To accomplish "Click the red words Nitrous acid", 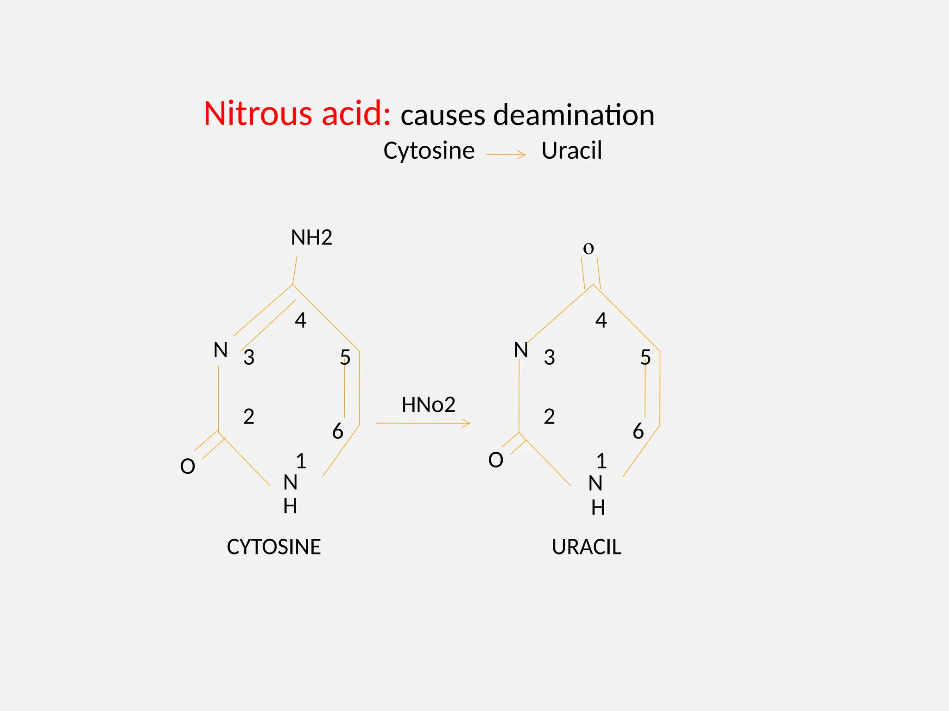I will coord(297,113).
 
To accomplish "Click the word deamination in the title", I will coord(574,115).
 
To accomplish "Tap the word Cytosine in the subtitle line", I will coord(429,151).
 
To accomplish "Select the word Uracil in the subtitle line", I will coord(571,151).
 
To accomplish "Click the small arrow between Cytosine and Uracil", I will coord(506,155).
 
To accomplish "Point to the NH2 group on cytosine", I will coord(311,237).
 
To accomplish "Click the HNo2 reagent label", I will coord(428,405).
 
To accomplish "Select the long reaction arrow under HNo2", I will coord(423,423).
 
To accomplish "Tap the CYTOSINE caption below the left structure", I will coord(273,547).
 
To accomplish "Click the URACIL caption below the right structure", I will coord(586,547).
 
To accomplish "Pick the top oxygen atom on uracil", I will coord(588,249).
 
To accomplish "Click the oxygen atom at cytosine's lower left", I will coord(188,466).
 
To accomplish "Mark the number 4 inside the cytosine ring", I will coord(301,320).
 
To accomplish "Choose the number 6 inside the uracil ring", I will coord(638,431).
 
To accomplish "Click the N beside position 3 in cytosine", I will coord(221,350).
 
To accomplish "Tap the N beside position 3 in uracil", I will coord(521,350).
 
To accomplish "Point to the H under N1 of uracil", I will coord(598,508).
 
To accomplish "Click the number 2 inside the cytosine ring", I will coord(249,417).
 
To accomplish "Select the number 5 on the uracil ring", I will coord(645,357).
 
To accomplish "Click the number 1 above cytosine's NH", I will coord(301,461).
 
